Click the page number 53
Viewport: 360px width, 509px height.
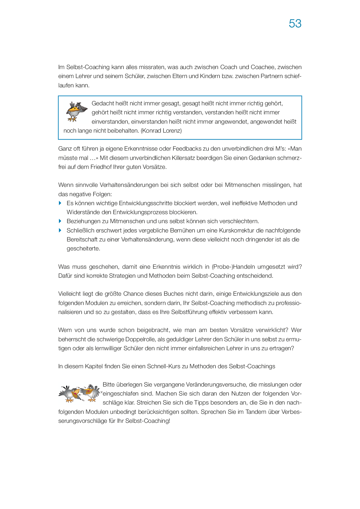click(x=295, y=24)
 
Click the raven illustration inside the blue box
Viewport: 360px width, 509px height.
click(x=76, y=111)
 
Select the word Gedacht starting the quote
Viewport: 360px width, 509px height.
click(x=103, y=103)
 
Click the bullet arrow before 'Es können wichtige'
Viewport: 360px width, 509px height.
click(x=60, y=203)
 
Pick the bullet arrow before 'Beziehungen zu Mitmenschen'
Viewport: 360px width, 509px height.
click(x=60, y=221)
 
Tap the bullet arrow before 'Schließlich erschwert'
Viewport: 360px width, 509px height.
click(x=60, y=230)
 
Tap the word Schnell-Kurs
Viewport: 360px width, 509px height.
click(x=164, y=366)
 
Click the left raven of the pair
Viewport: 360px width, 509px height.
click(x=70, y=394)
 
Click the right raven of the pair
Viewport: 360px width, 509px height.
click(x=90, y=393)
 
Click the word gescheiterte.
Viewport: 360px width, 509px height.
click(x=83, y=249)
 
